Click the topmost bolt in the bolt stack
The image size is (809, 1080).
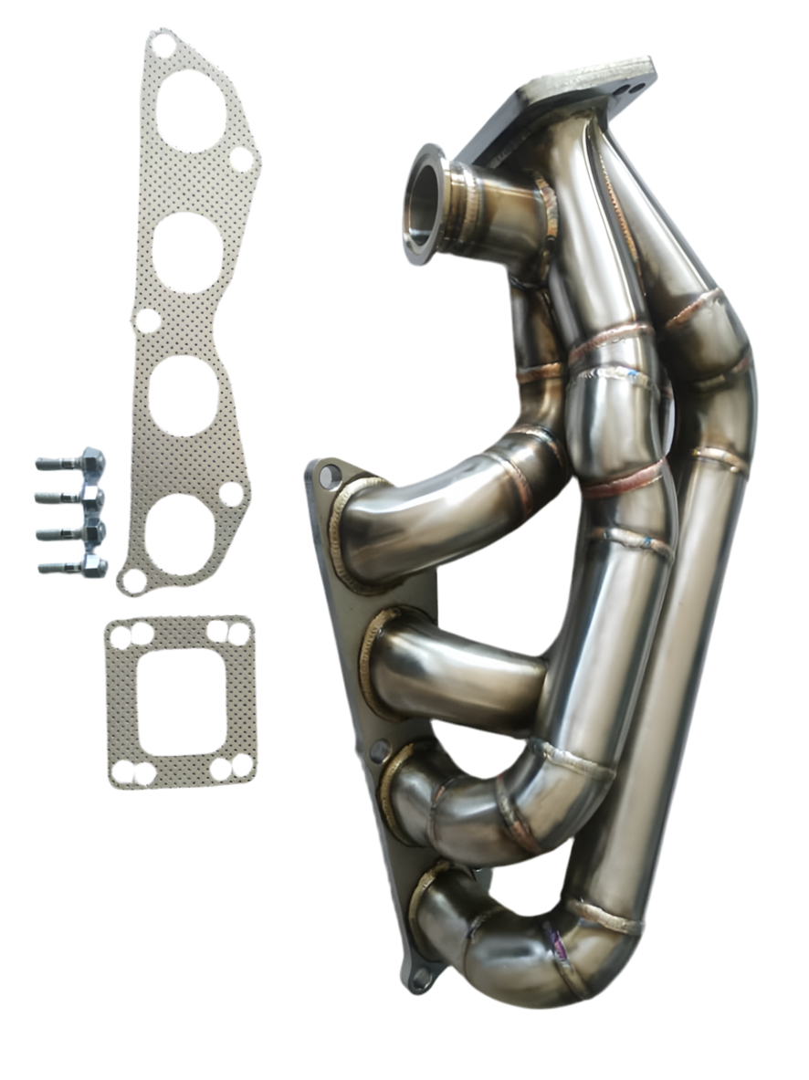click(x=71, y=461)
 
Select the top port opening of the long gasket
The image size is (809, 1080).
click(x=190, y=110)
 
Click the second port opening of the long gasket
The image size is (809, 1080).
click(x=188, y=252)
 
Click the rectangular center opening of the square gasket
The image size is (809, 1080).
click(x=179, y=701)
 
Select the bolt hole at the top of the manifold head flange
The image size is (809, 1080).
click(x=330, y=476)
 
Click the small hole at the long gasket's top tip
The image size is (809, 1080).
click(x=163, y=45)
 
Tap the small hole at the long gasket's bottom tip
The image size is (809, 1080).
click(x=134, y=580)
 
